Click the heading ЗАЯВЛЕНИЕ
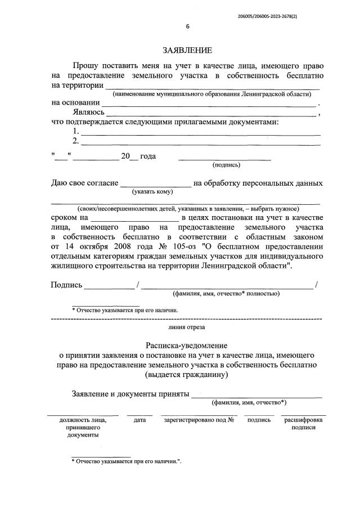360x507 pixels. click(180, 51)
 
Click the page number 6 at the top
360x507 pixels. click(188, 26)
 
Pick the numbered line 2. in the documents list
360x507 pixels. click(201, 144)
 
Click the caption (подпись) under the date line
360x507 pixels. click(226, 165)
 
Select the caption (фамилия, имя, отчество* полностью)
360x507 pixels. click(226, 294)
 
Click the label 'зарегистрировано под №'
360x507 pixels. click(199, 420)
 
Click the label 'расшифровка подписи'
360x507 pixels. click(303, 424)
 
